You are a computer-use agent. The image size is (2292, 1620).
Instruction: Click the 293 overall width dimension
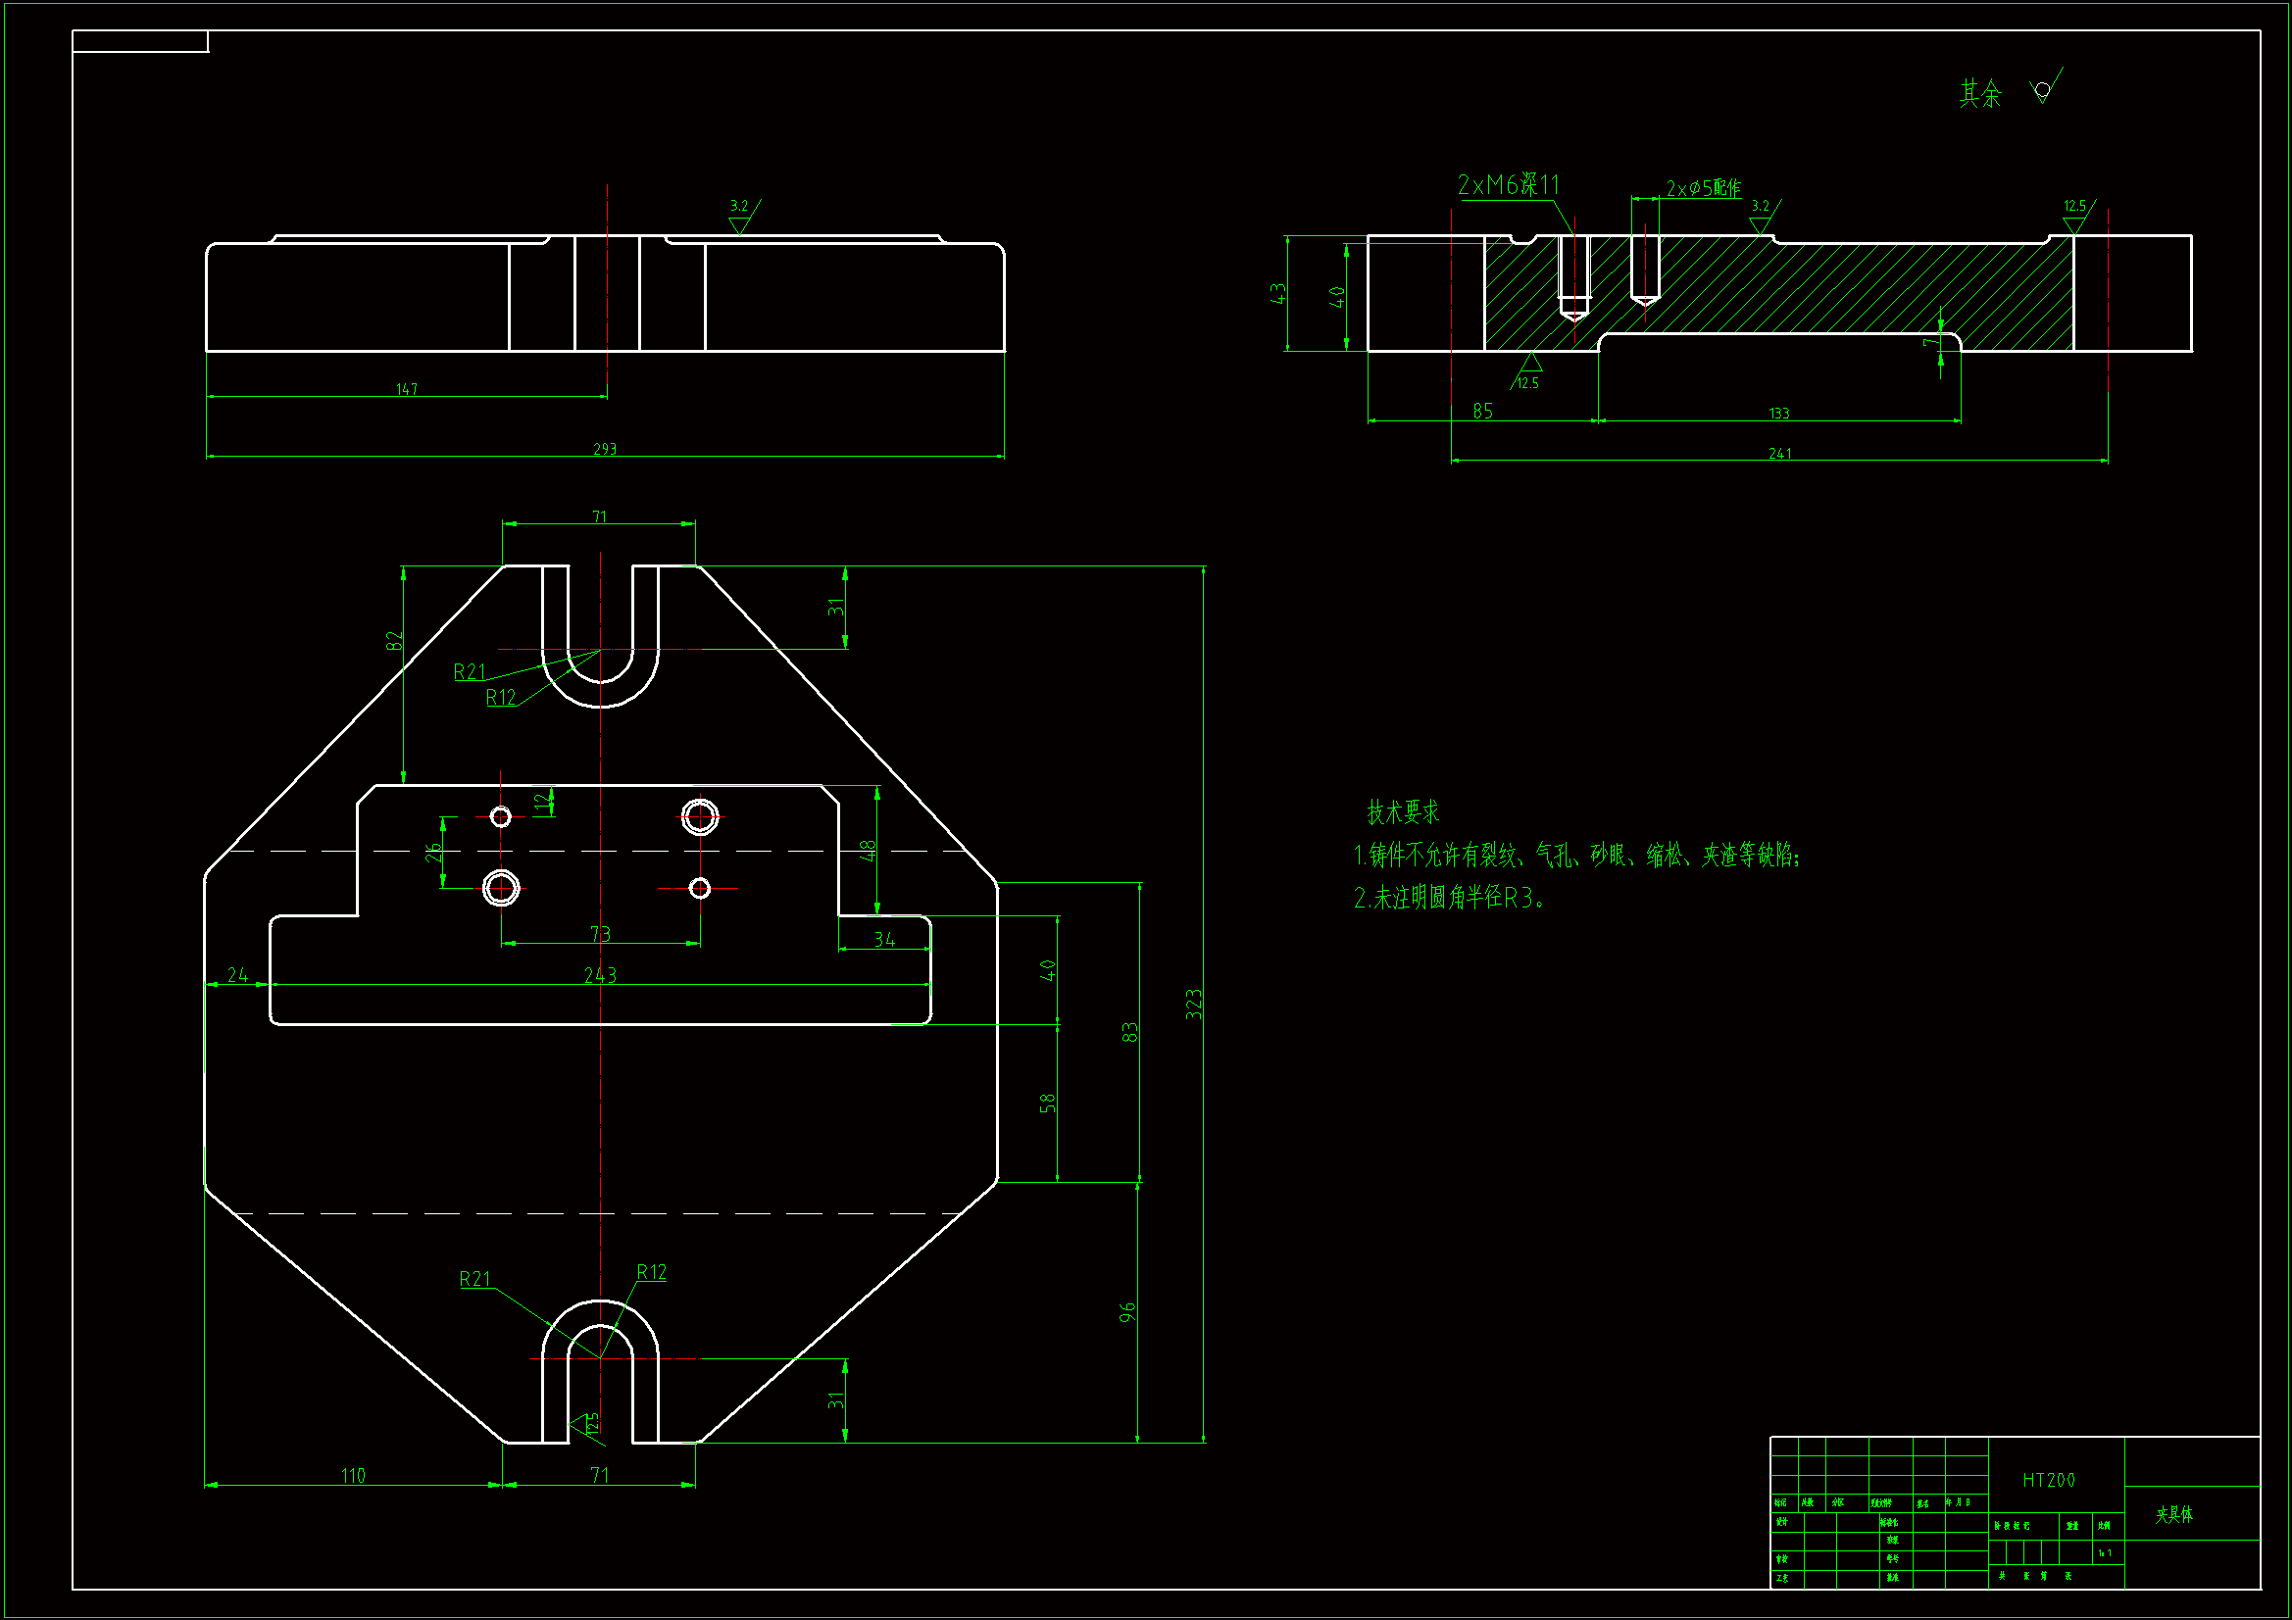[x=605, y=449]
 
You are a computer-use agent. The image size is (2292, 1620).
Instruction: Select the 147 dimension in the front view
[x=406, y=389]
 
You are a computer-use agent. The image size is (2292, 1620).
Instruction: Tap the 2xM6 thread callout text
[x=1508, y=185]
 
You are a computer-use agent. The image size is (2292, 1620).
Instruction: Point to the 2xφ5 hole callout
[x=1703, y=188]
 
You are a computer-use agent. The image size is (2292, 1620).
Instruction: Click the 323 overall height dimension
[x=1194, y=1005]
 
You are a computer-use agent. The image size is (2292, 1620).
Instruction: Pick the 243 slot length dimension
[x=600, y=975]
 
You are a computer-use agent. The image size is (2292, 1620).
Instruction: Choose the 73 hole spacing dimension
[x=600, y=934]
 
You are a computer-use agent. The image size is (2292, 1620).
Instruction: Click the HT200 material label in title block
[x=2049, y=1480]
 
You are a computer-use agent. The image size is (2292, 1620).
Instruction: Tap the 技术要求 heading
[x=1403, y=812]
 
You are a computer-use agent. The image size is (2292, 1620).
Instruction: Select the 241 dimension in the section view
[x=1780, y=453]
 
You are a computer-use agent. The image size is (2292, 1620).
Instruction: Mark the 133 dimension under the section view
[x=1779, y=414]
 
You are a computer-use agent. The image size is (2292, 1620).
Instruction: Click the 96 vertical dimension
[x=1128, y=1312]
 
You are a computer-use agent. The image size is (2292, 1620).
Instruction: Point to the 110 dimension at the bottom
[x=353, y=1475]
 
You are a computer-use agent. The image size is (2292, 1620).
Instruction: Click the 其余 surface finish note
[x=1980, y=94]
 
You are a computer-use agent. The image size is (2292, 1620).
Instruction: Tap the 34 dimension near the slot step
[x=884, y=940]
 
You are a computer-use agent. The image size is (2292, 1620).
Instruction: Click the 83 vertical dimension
[x=1130, y=1032]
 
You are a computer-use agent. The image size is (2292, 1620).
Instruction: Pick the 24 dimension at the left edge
[x=237, y=975]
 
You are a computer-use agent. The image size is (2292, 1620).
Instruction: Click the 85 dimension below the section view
[x=1482, y=412]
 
